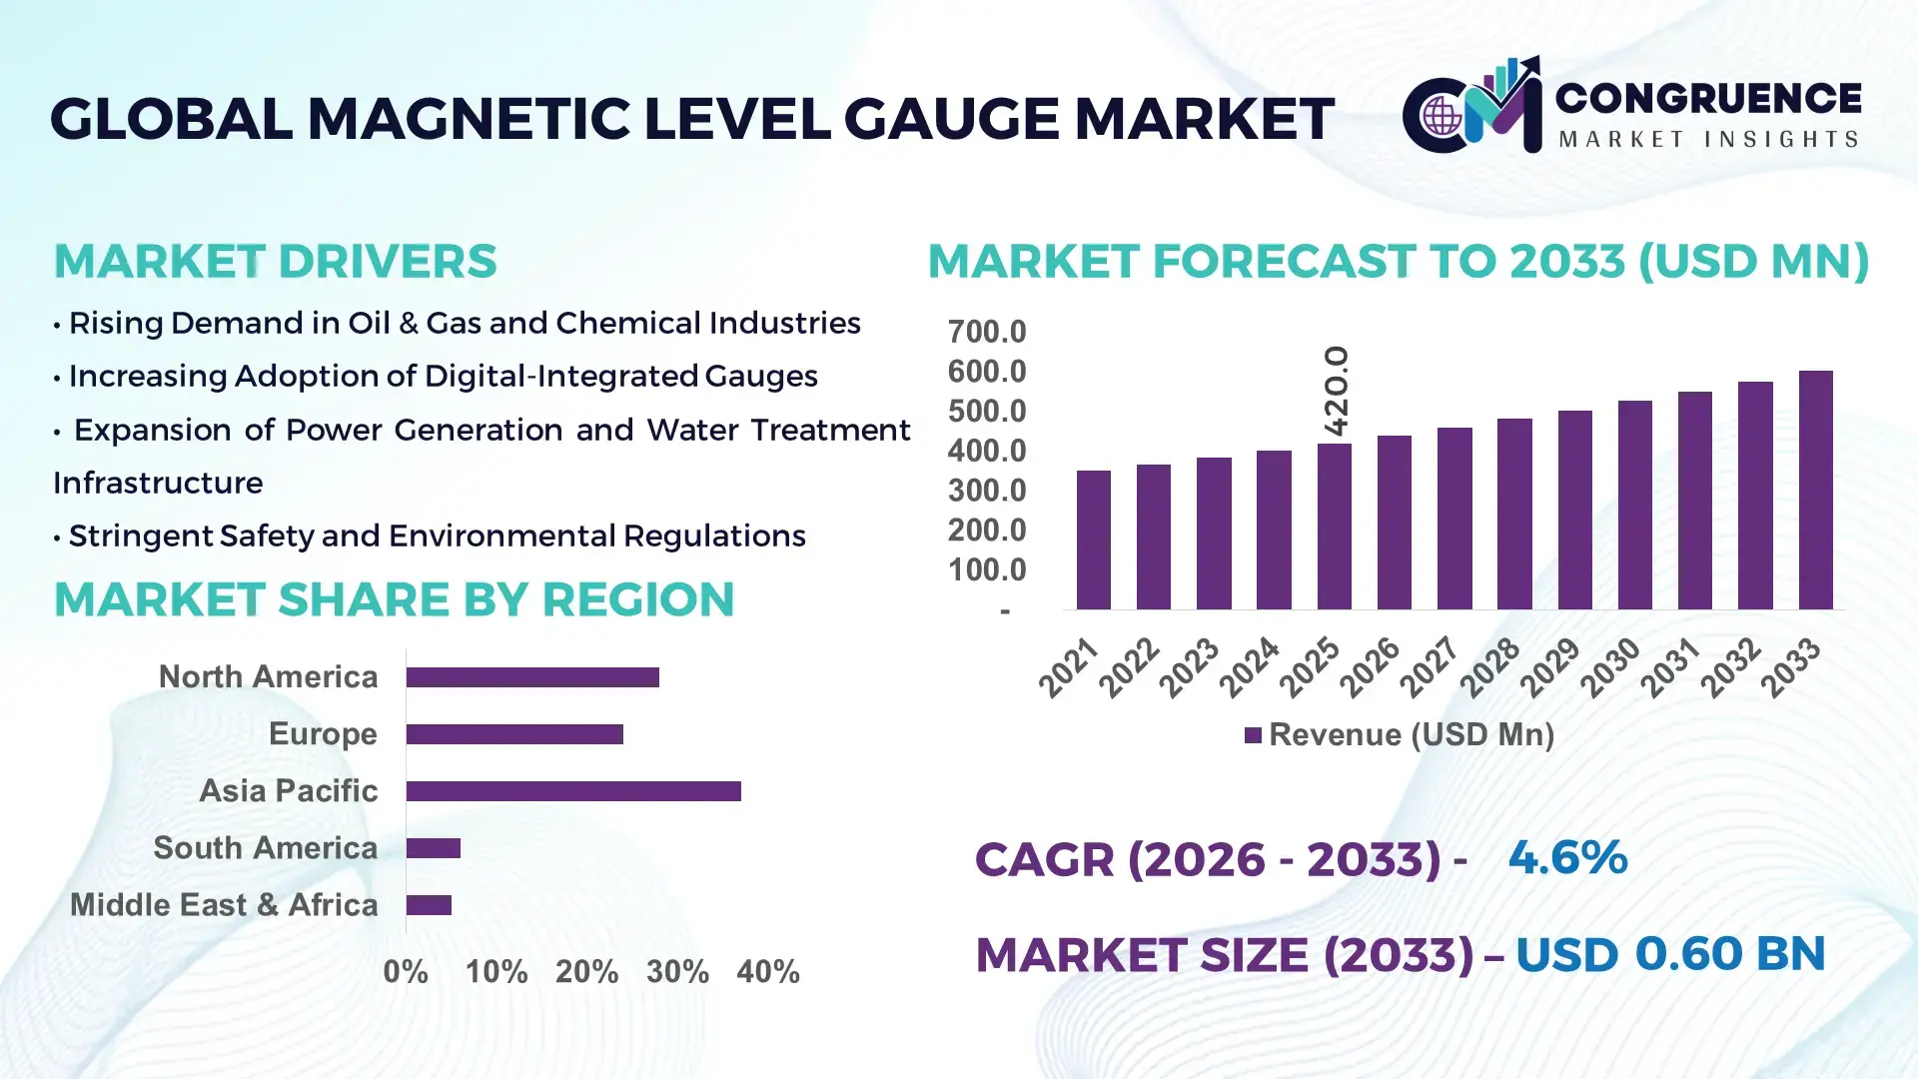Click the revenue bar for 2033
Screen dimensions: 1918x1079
[x=1815, y=490]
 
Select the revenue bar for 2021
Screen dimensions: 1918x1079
[x=1093, y=539]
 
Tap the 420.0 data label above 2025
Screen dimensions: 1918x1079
[x=1336, y=391]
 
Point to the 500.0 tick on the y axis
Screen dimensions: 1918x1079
[x=986, y=412]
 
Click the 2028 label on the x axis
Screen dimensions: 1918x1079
[x=1490, y=667]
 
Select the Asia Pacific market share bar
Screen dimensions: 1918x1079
[x=573, y=791]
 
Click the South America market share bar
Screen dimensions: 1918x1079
[x=433, y=848]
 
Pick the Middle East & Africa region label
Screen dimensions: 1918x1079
[x=224, y=905]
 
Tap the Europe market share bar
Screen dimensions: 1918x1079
[x=514, y=734]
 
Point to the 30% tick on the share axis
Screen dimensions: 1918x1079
[x=677, y=971]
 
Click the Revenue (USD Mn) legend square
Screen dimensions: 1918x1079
[x=1253, y=735]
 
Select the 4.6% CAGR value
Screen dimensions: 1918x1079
[x=1567, y=857]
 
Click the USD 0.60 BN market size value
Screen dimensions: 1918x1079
[x=1670, y=954]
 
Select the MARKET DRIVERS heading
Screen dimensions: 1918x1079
[x=275, y=262]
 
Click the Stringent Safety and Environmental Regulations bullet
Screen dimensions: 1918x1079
[x=437, y=537]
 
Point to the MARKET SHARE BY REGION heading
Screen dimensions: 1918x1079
[x=394, y=599]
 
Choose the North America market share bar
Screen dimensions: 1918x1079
[x=532, y=677]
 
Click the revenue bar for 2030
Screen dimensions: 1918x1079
[x=1634, y=505]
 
